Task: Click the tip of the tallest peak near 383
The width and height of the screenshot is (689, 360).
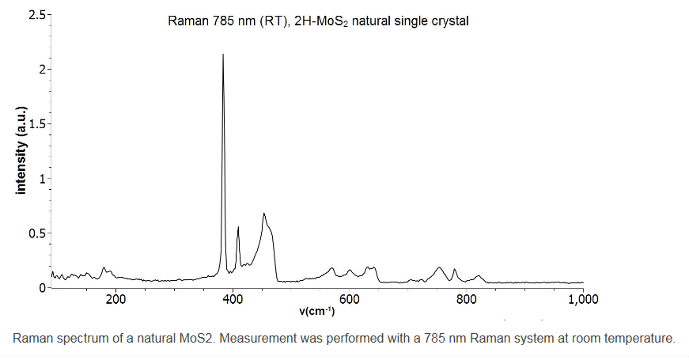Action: pyautogui.click(x=223, y=55)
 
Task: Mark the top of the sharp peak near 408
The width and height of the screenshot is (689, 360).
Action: pyautogui.click(x=238, y=227)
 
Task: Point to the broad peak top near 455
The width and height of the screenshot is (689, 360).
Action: pyautogui.click(x=263, y=214)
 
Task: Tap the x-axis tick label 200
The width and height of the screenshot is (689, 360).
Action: pyautogui.click(x=115, y=300)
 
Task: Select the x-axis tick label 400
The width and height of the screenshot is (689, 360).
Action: pyautogui.click(x=233, y=300)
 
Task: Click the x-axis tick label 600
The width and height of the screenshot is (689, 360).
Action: pyautogui.click(x=350, y=300)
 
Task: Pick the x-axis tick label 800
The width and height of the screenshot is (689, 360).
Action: pyautogui.click(x=466, y=300)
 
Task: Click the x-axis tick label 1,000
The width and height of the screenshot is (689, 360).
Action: pyautogui.click(x=583, y=300)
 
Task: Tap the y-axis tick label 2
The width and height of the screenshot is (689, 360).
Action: pyautogui.click(x=42, y=70)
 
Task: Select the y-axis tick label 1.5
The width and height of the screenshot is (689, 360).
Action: pyautogui.click(x=37, y=124)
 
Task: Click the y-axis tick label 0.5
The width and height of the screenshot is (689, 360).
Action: pyautogui.click(x=37, y=233)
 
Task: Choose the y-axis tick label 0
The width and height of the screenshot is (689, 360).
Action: pyautogui.click(x=42, y=287)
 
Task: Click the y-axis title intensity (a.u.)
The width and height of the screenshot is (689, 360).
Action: pyautogui.click(x=21, y=150)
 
